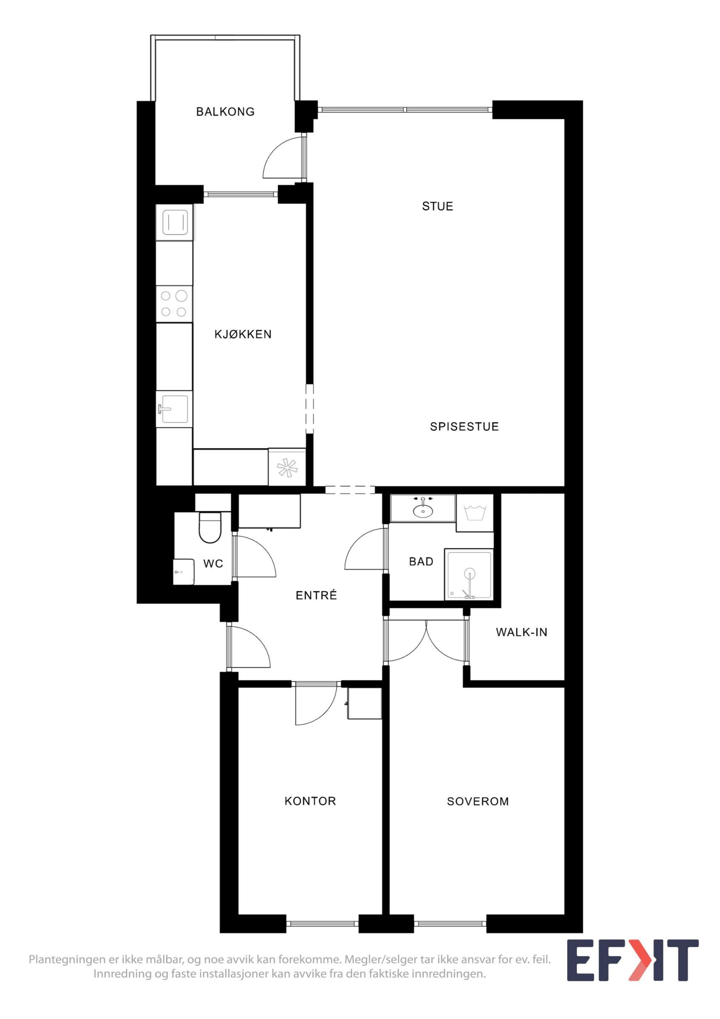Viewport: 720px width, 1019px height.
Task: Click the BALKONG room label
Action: click(x=225, y=111)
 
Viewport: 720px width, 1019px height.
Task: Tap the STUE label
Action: click(x=437, y=206)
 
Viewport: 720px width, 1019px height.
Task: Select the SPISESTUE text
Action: click(x=464, y=427)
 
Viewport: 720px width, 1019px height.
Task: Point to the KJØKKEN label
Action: click(x=243, y=334)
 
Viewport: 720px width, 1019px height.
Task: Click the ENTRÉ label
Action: click(x=316, y=595)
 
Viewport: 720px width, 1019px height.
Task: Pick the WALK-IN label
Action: click(x=521, y=632)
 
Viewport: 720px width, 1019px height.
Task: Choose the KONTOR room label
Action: click(x=310, y=801)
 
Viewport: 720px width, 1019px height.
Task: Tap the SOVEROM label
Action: click(x=478, y=802)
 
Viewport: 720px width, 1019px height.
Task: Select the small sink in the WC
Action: click(x=183, y=571)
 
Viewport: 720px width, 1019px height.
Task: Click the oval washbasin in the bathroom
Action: click(x=423, y=511)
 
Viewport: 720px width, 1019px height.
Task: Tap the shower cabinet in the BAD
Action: click(x=469, y=574)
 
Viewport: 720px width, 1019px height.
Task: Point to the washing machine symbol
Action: click(x=475, y=513)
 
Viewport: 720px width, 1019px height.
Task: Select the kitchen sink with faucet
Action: click(x=174, y=409)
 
